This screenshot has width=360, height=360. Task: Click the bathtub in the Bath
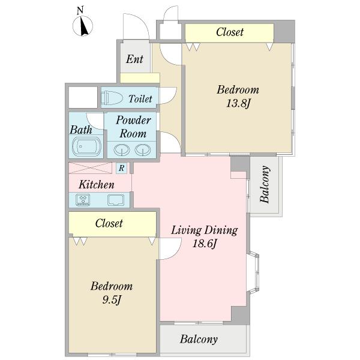[86, 146]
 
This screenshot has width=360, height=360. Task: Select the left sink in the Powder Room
[122, 150]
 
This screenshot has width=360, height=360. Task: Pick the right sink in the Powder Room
[143, 150]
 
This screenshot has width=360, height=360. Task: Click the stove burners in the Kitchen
[83, 200]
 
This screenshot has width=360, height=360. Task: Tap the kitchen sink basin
[116, 200]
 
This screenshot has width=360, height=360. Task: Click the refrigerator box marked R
[121, 168]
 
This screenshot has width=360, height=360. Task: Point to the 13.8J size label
[238, 103]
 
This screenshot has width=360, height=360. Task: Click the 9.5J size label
[112, 300]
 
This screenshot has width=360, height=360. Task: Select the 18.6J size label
[205, 244]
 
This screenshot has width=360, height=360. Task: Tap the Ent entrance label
[134, 59]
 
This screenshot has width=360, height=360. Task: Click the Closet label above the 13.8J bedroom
[230, 32]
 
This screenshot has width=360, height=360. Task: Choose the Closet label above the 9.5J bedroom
[109, 223]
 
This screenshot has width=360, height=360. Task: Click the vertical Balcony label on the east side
[265, 184]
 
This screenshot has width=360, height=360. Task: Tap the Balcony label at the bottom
[199, 340]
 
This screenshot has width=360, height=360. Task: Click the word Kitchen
[97, 185]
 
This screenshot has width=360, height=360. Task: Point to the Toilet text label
[140, 99]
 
